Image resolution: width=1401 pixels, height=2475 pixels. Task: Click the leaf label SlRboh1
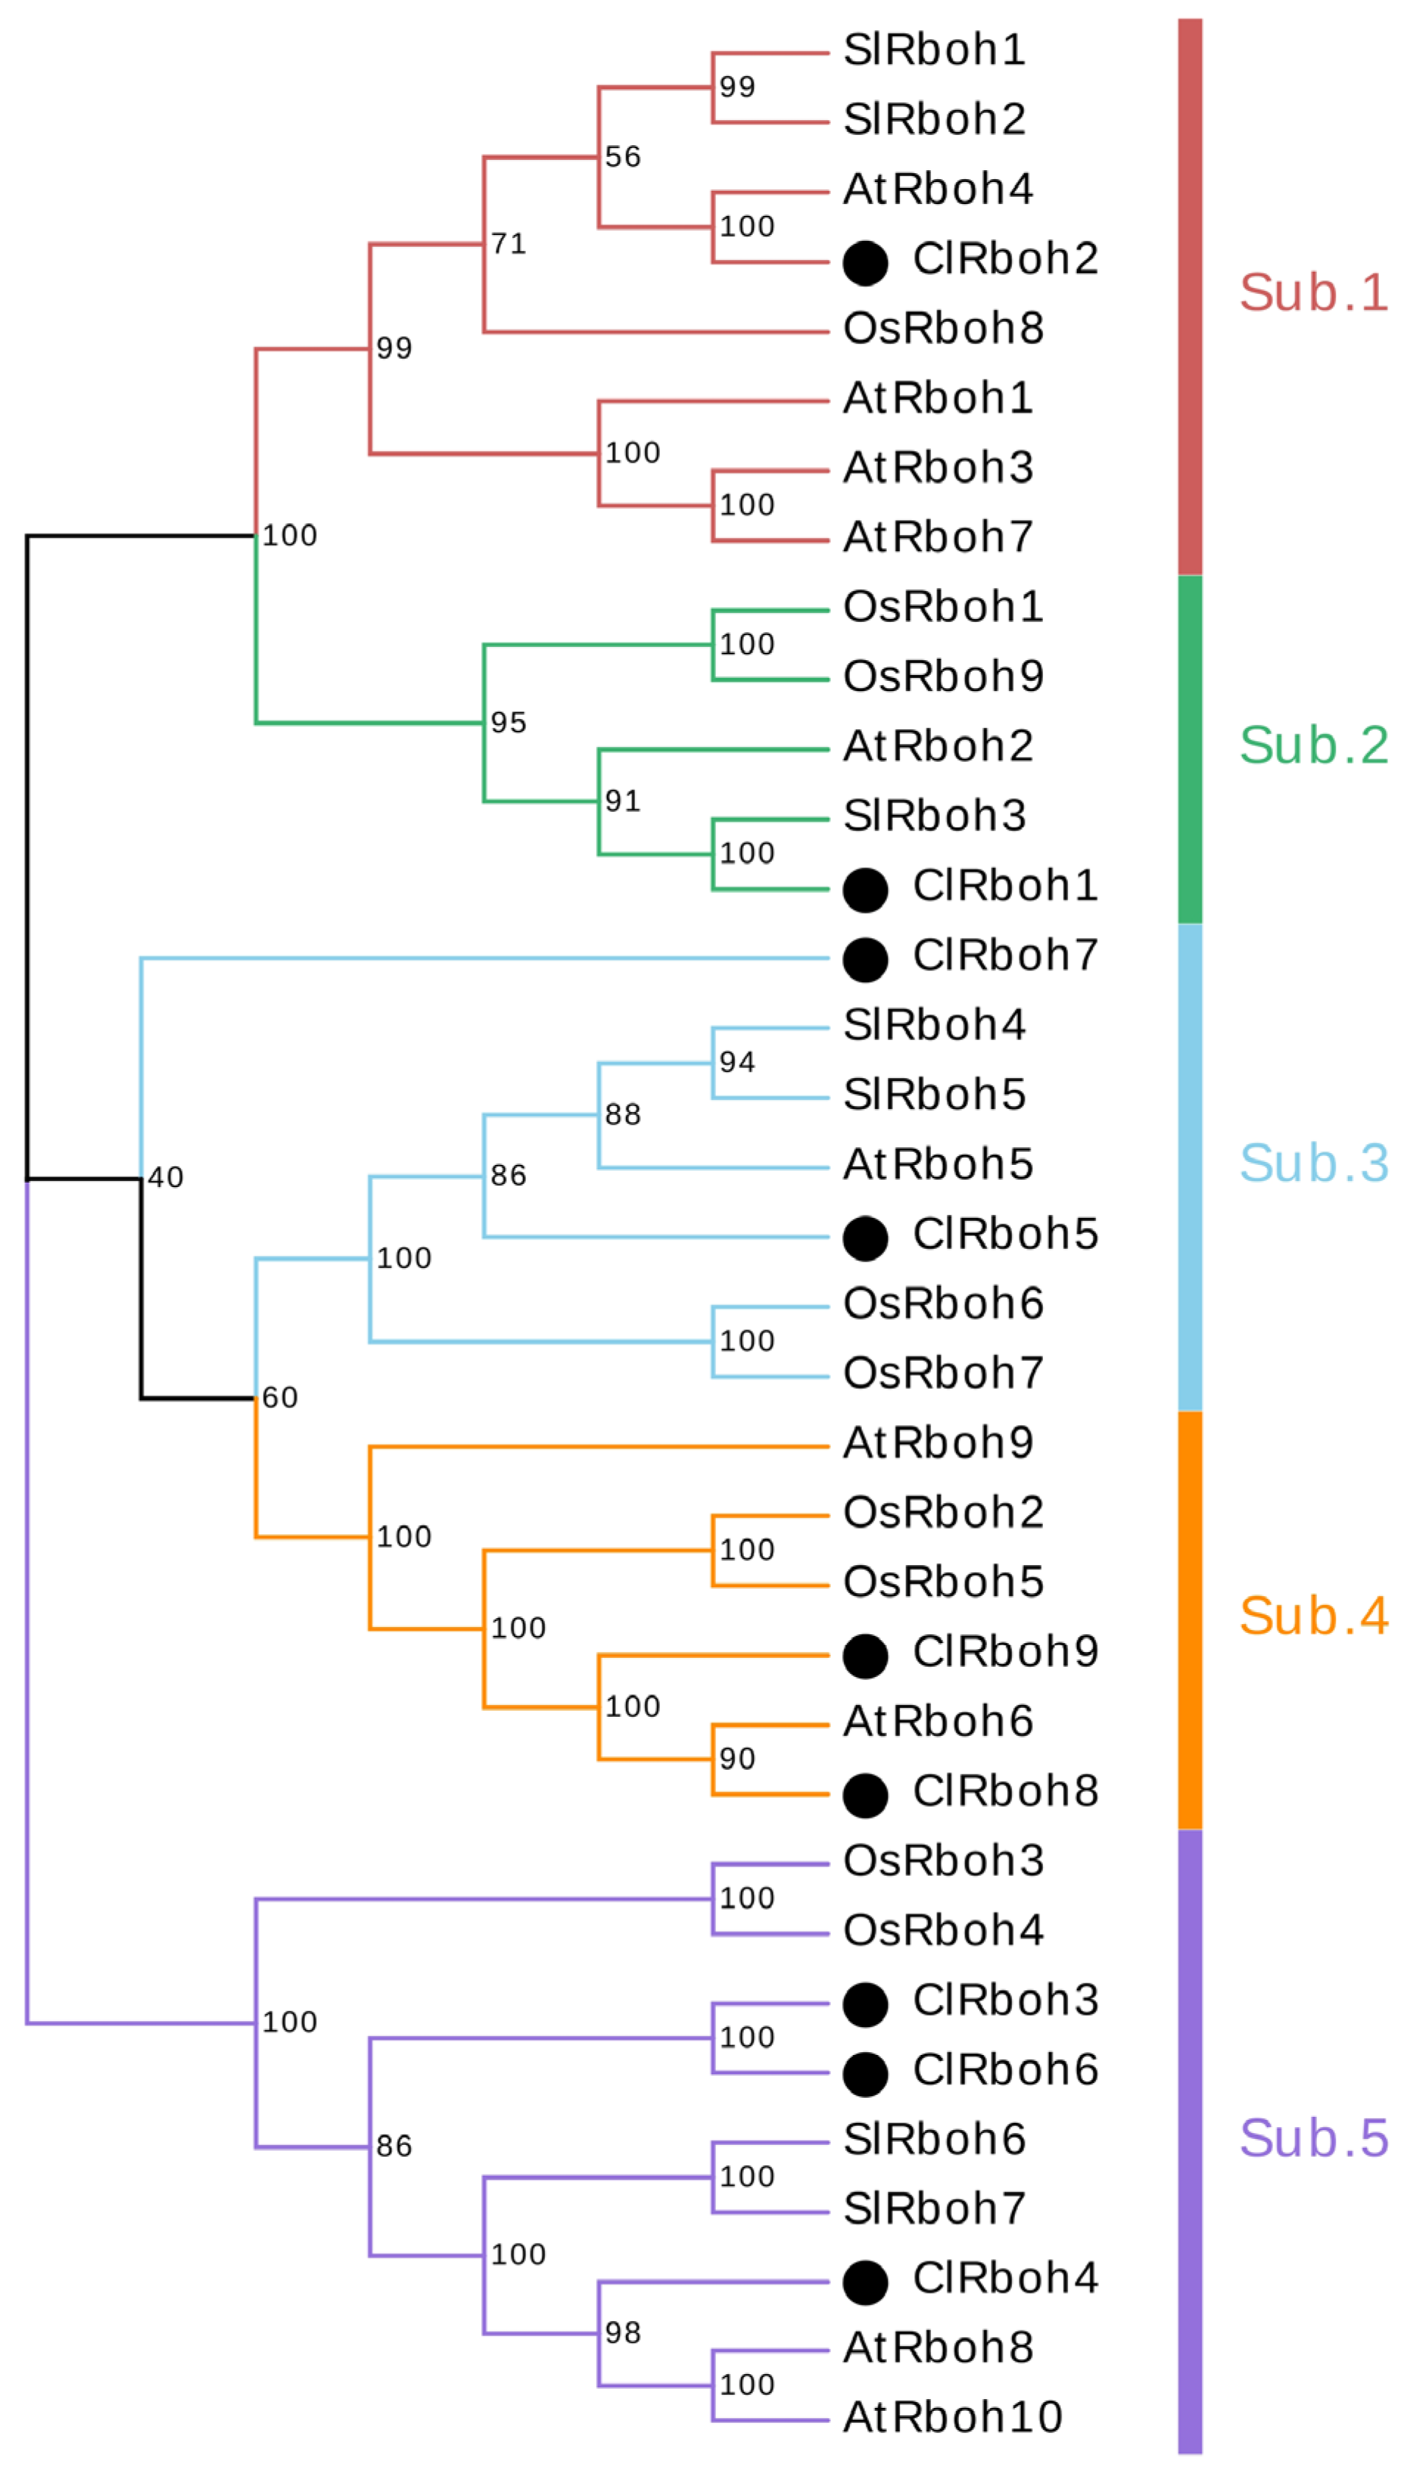[933, 50]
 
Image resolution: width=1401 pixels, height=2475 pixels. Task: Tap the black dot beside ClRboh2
[865, 263]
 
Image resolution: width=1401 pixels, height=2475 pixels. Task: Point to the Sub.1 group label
[1313, 293]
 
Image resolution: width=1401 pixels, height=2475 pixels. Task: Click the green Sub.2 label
[1313, 746]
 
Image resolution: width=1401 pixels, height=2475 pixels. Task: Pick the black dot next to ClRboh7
[865, 959]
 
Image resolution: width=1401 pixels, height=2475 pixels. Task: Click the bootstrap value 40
[166, 1177]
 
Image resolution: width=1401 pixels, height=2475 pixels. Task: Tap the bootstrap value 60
[280, 1397]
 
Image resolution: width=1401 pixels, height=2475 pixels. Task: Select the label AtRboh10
[952, 2416]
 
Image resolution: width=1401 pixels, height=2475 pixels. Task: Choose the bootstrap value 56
[622, 157]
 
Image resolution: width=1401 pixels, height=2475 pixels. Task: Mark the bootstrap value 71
[508, 243]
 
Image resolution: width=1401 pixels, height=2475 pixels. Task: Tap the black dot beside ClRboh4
[865, 2281]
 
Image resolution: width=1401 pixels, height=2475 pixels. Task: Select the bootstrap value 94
[737, 1063]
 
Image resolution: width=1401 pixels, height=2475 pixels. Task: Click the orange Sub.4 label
[1313, 1616]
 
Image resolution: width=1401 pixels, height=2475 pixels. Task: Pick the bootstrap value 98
[622, 2333]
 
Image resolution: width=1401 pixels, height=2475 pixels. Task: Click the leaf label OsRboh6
[943, 1304]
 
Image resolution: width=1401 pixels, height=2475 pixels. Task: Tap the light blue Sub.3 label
[1313, 1163]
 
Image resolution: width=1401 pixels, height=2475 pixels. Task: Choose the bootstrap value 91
[622, 801]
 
